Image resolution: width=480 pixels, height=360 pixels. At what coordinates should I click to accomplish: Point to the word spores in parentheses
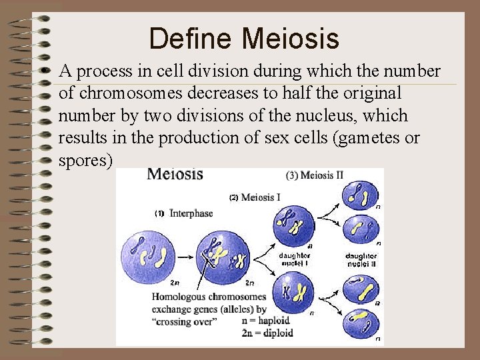[x=85, y=161]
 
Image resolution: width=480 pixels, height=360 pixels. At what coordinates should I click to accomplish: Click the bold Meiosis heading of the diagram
[x=175, y=175]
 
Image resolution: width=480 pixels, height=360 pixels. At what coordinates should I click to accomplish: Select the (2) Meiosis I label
[x=254, y=197]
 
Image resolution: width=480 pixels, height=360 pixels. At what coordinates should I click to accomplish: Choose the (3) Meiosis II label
[x=314, y=176]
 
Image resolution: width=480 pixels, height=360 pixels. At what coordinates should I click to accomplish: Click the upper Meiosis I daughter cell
[x=293, y=223]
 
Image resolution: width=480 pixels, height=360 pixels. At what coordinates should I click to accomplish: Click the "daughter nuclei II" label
[x=361, y=259]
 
